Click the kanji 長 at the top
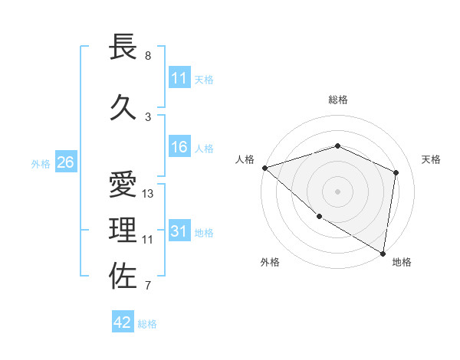pos(123,47)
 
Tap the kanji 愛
pos(123,185)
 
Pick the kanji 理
pos(123,231)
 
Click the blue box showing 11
pos(179,78)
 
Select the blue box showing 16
pos(179,148)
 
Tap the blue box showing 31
pos(179,231)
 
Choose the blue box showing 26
pos(65,162)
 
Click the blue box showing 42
pos(123,322)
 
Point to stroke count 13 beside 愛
pos(148,194)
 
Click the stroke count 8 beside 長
pos(148,56)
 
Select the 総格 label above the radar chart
pos(337,100)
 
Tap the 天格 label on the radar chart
pos(432,159)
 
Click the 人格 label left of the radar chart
pos(245,159)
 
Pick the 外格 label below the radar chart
pos(270,262)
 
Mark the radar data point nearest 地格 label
pos(383,253)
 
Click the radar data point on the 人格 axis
pos(264,168)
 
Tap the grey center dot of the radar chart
pos(337,191)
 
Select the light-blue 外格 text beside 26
pos(41,163)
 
